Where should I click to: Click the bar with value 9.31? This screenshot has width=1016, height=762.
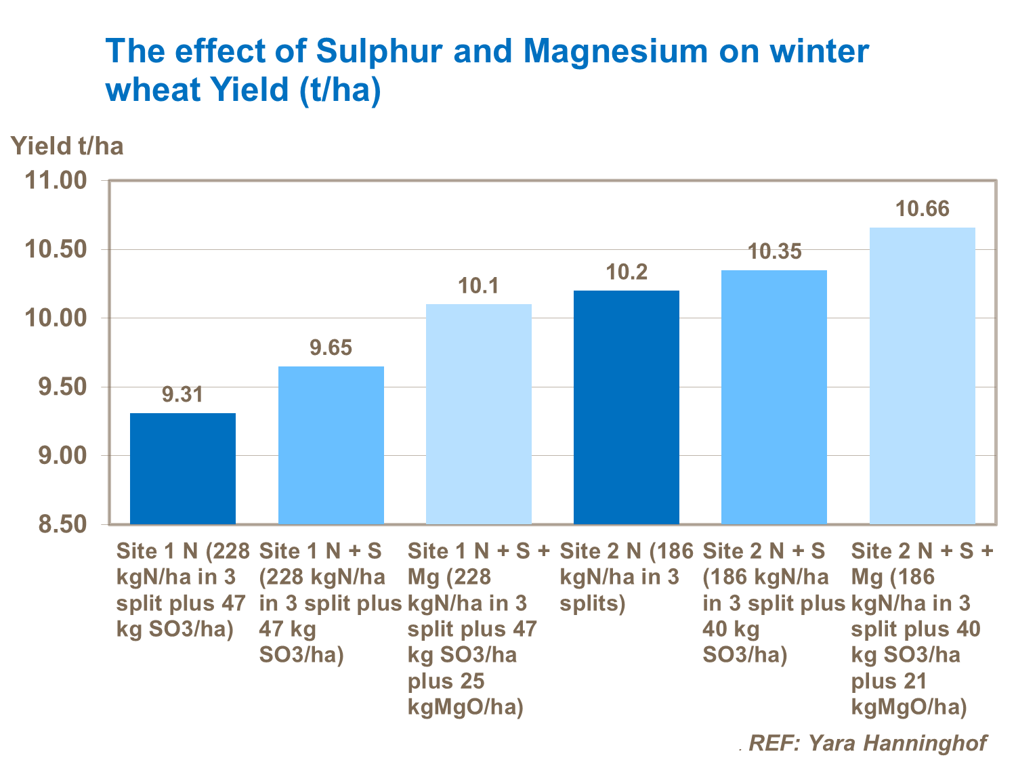183,468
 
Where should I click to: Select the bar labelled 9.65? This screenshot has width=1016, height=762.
331,445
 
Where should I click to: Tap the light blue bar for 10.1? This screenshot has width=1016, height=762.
479,414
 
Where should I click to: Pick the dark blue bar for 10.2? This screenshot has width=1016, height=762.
627,407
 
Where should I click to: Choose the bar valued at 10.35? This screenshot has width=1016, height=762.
774,397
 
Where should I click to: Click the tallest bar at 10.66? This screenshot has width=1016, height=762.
922,375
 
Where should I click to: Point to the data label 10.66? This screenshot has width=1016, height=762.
922,209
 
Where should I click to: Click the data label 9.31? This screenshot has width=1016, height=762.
183,394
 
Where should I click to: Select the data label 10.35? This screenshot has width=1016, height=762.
774,251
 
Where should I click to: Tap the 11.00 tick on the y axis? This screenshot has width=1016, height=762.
56,181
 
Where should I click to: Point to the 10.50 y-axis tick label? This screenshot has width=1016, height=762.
56,250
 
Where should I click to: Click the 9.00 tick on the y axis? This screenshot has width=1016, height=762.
56,455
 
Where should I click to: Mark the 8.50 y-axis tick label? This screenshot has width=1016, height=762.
56,524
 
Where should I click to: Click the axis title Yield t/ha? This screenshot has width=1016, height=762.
67,146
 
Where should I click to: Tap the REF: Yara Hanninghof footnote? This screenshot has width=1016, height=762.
867,742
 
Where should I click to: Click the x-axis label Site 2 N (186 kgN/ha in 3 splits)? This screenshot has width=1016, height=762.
625,577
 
